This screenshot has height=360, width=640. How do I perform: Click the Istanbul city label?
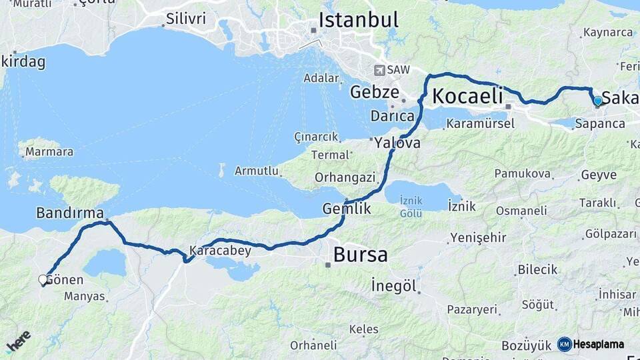click(x=358, y=19)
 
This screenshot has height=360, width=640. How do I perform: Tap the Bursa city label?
click(x=360, y=255)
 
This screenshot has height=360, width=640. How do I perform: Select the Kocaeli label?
click(x=467, y=96)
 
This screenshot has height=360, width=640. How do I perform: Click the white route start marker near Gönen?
click(x=43, y=280)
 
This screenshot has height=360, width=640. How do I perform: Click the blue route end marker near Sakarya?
click(x=598, y=101)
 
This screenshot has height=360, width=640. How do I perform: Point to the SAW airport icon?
click(x=380, y=70)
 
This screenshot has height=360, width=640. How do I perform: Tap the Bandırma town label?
click(x=70, y=213)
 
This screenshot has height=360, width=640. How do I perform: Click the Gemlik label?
click(x=346, y=209)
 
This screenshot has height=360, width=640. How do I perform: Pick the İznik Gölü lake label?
click(x=411, y=207)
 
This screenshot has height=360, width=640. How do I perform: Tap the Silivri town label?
click(x=186, y=18)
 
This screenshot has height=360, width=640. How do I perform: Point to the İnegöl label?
click(x=394, y=286)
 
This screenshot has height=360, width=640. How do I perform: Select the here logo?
click(x=18, y=342)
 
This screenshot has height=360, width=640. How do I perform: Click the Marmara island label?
click(x=49, y=152)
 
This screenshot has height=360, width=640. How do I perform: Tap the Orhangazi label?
click(x=345, y=178)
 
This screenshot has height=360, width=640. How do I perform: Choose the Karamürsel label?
click(x=481, y=124)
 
